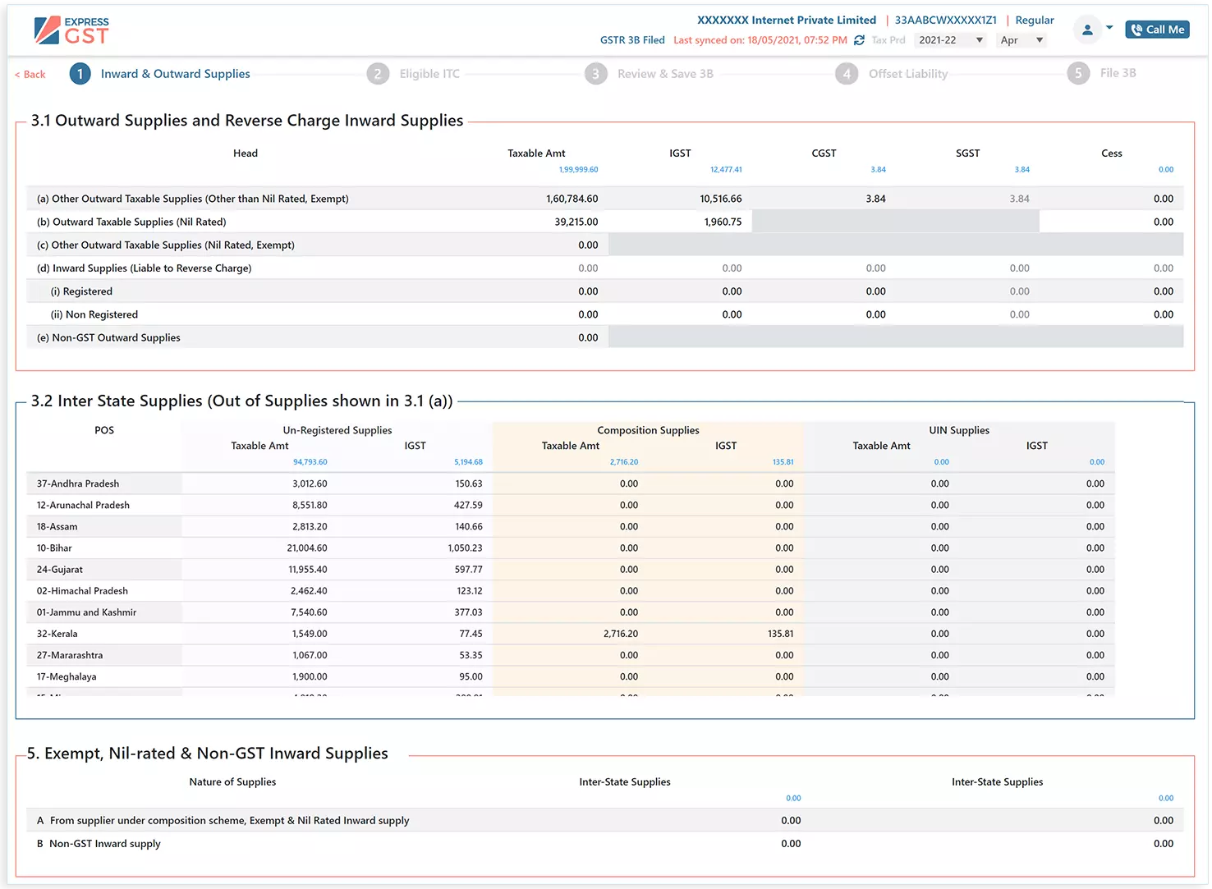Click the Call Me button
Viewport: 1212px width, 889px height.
point(1157,30)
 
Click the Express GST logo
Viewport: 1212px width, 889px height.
point(71,30)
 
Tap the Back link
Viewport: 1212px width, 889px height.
point(30,75)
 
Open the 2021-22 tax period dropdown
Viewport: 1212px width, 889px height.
point(949,40)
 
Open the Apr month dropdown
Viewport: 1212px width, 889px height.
point(1021,40)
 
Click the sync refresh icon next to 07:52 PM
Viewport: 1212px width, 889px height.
point(859,40)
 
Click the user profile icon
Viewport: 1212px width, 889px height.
point(1087,30)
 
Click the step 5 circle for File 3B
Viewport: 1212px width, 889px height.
point(1078,73)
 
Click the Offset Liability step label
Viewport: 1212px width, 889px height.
point(907,74)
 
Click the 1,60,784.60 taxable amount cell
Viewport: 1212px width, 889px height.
point(572,199)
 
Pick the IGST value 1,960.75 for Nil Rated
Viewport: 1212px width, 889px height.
point(723,222)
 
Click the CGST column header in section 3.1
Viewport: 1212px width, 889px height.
point(824,154)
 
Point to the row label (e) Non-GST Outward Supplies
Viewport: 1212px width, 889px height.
point(108,337)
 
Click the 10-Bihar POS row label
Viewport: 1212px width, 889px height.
point(54,548)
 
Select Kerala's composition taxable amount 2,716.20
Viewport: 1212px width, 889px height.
point(620,634)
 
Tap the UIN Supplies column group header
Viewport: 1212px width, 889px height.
point(958,430)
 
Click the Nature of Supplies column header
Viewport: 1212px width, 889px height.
point(232,782)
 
